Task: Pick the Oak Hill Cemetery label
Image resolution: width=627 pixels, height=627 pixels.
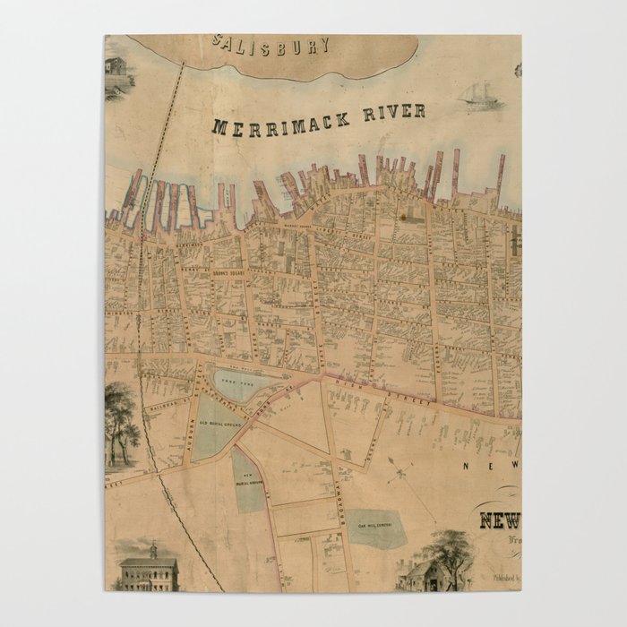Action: point(377,527)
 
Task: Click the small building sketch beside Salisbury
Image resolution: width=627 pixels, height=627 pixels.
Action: point(116,66)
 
